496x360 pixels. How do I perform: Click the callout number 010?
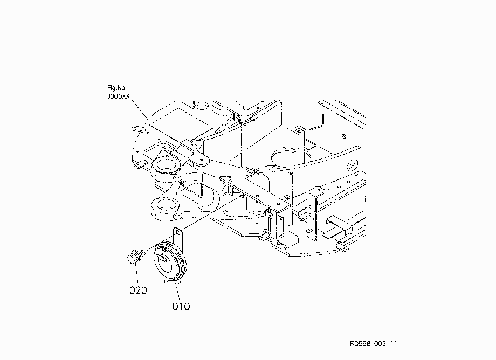(181, 306)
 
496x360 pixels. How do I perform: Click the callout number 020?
(138, 290)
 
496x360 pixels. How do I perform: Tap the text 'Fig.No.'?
(117, 88)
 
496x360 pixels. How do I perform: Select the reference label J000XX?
(118, 96)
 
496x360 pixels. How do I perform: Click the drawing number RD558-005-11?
(373, 344)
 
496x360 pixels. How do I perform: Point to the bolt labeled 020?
(136, 255)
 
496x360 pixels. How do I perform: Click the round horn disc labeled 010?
(169, 260)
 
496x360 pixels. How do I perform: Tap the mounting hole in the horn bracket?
(178, 233)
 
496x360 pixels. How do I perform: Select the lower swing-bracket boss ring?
(166, 205)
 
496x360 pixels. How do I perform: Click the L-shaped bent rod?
(318, 123)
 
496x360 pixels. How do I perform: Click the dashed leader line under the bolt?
(136, 273)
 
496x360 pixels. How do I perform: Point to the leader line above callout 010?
(177, 291)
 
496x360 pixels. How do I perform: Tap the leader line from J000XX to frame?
(139, 109)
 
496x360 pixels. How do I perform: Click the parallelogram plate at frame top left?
(181, 124)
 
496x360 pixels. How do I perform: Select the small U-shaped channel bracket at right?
(339, 225)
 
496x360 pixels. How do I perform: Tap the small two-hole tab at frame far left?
(139, 129)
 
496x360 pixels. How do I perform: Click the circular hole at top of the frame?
(201, 105)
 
